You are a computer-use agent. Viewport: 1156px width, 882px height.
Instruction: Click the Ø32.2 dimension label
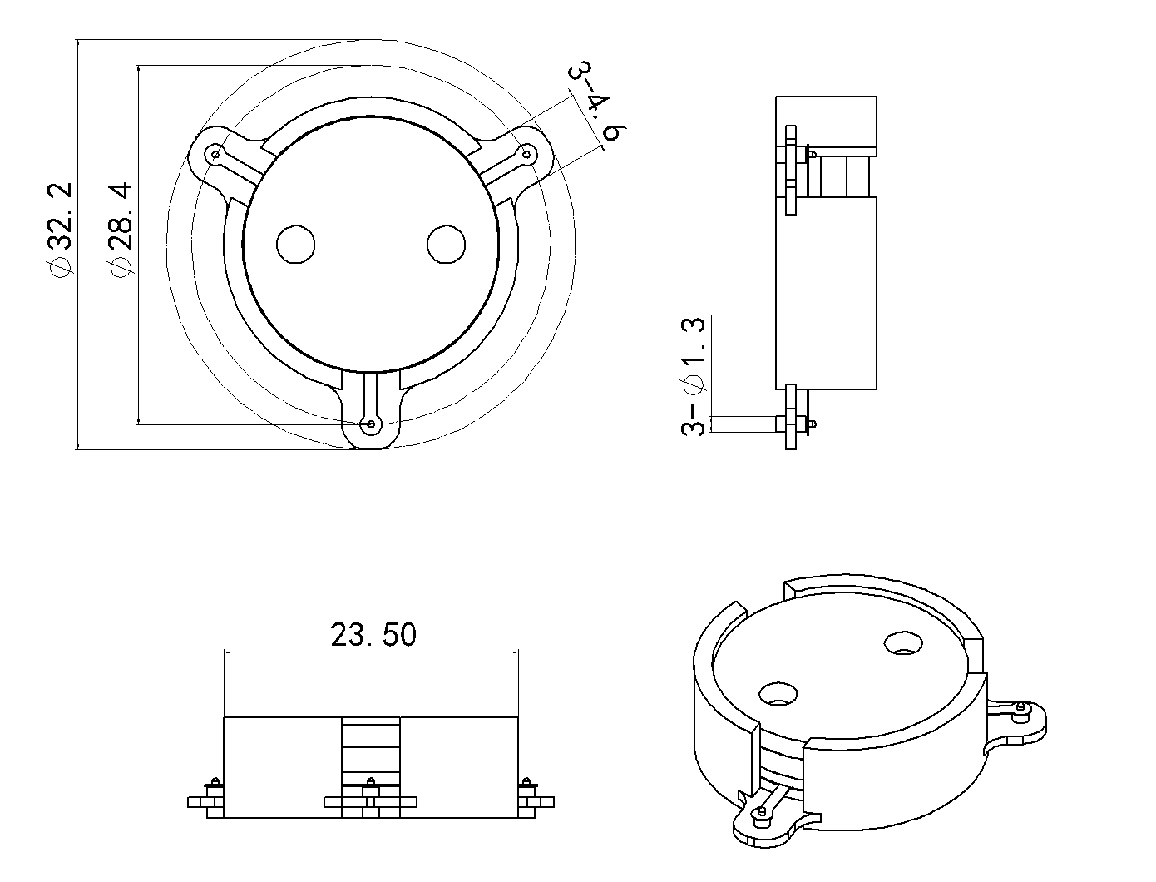tap(60, 231)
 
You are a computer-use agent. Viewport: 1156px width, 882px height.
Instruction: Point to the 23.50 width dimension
tap(373, 635)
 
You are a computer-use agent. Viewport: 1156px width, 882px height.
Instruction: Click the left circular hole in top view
tap(295, 245)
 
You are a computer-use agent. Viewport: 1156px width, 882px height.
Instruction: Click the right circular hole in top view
tap(447, 245)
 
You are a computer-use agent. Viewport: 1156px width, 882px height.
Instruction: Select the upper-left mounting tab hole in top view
tap(216, 154)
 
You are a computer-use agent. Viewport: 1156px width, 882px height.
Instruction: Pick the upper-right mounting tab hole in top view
tap(526, 152)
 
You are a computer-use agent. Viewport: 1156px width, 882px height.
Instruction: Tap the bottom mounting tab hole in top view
tap(371, 424)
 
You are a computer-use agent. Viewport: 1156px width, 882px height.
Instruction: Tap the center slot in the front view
tap(371, 749)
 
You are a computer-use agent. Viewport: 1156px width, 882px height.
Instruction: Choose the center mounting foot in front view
tap(371, 802)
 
